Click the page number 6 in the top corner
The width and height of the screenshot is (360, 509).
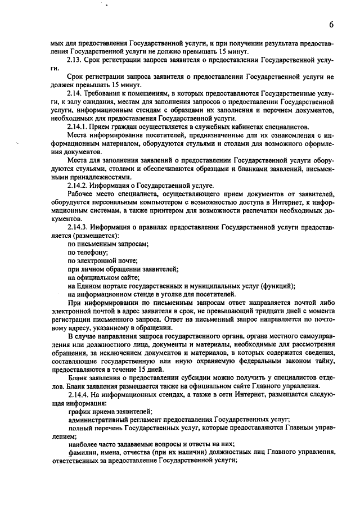pyautogui.click(x=332, y=24)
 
